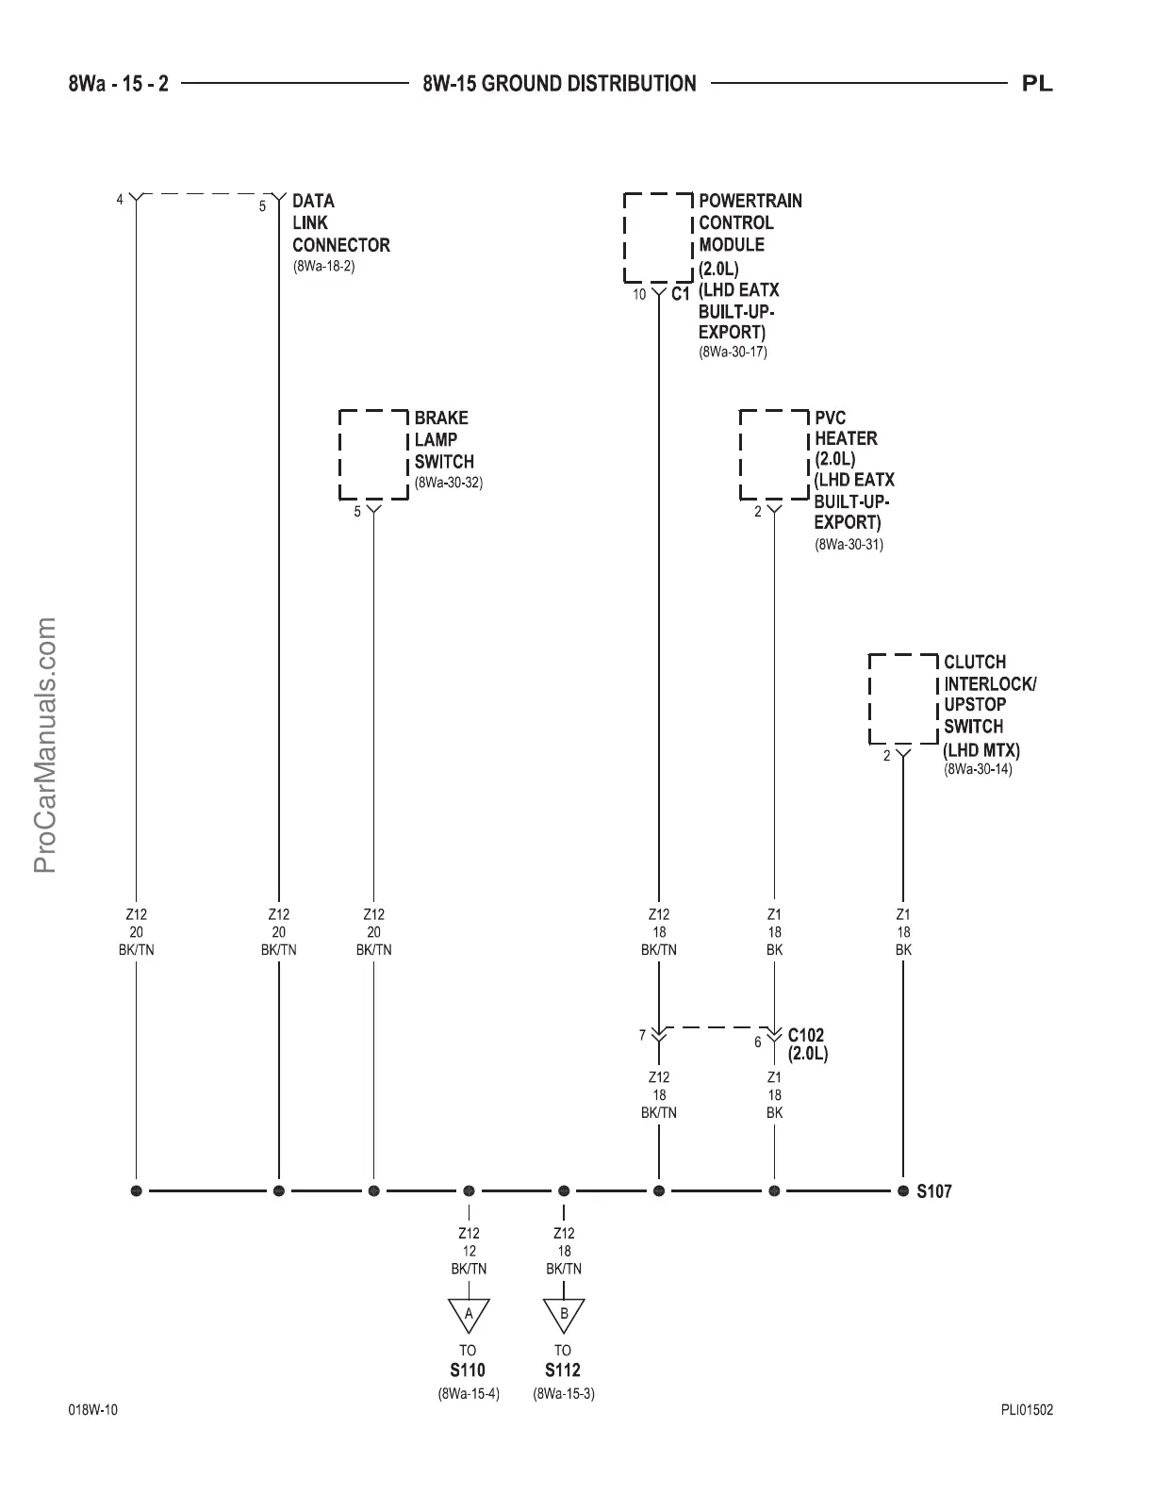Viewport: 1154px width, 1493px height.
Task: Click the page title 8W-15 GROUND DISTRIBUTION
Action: [560, 84]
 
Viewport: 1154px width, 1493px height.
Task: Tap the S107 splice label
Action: [934, 1191]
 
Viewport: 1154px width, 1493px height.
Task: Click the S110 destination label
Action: [468, 1370]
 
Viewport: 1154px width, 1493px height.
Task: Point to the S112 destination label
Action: [563, 1370]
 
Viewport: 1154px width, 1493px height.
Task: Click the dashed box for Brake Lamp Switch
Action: [373, 454]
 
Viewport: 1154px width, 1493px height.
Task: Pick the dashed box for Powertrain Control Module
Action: [658, 238]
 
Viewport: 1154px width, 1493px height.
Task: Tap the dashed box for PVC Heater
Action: [774, 454]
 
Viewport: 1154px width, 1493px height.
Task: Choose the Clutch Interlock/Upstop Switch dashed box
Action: [902, 698]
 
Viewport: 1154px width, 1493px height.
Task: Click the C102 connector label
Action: [806, 1036]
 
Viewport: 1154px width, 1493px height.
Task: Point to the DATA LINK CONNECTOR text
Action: [340, 223]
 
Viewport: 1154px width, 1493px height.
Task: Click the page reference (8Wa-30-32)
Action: [449, 484]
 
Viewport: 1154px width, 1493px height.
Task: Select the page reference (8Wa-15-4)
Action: [468, 1393]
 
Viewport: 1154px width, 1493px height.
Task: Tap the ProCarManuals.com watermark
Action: [45, 745]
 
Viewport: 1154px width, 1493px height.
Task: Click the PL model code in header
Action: [1037, 84]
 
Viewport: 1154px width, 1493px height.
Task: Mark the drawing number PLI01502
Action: [1027, 1411]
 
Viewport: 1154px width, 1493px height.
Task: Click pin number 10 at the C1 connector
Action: [639, 295]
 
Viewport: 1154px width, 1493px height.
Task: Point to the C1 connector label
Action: [681, 294]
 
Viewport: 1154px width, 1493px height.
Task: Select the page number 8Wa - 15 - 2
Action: [119, 84]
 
